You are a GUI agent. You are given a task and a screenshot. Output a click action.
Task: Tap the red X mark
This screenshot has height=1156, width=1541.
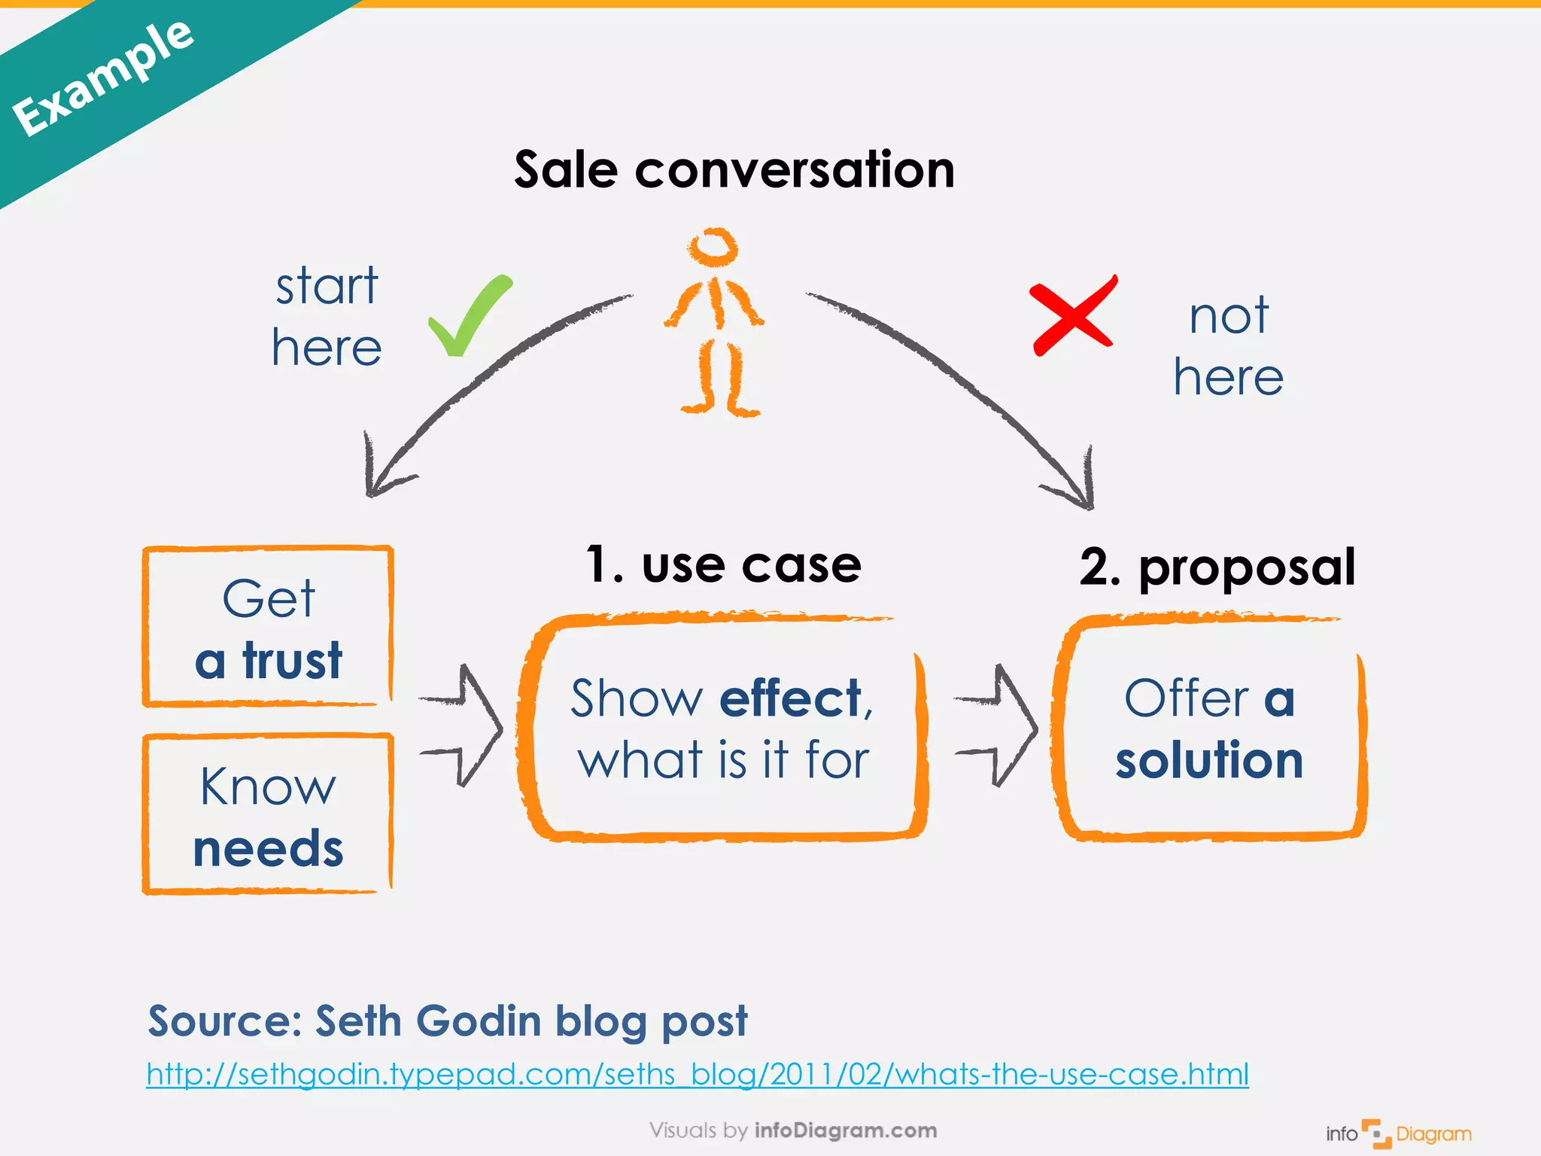click(1073, 316)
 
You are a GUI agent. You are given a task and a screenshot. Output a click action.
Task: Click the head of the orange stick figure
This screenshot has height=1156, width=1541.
click(713, 247)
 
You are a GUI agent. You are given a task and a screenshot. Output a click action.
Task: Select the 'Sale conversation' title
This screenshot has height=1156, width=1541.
click(734, 170)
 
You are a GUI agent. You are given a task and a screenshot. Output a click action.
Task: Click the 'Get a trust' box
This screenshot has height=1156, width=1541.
click(269, 627)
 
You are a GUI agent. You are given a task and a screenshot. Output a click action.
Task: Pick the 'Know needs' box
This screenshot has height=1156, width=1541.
click(269, 815)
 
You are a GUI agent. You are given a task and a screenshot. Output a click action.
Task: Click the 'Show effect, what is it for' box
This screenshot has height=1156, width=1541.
click(722, 728)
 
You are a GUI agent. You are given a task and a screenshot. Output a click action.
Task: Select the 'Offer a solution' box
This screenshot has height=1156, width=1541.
click(1210, 728)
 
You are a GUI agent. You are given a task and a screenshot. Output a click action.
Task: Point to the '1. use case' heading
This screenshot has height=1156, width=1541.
click(724, 564)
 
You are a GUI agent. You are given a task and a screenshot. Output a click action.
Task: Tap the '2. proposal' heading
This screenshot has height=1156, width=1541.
click(1217, 567)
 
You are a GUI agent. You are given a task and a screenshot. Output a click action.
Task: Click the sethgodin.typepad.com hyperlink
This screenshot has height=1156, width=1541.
click(698, 1074)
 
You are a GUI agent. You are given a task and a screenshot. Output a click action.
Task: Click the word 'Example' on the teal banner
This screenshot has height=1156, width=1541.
click(104, 78)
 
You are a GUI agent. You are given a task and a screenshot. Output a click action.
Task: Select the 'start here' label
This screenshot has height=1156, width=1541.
click(327, 317)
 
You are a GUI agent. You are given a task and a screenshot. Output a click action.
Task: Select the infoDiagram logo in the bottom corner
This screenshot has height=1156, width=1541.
click(1398, 1133)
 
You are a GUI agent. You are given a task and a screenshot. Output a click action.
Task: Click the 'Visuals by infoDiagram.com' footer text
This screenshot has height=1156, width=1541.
click(793, 1130)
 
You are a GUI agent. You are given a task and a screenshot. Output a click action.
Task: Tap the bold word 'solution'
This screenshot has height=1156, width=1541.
click(1209, 760)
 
